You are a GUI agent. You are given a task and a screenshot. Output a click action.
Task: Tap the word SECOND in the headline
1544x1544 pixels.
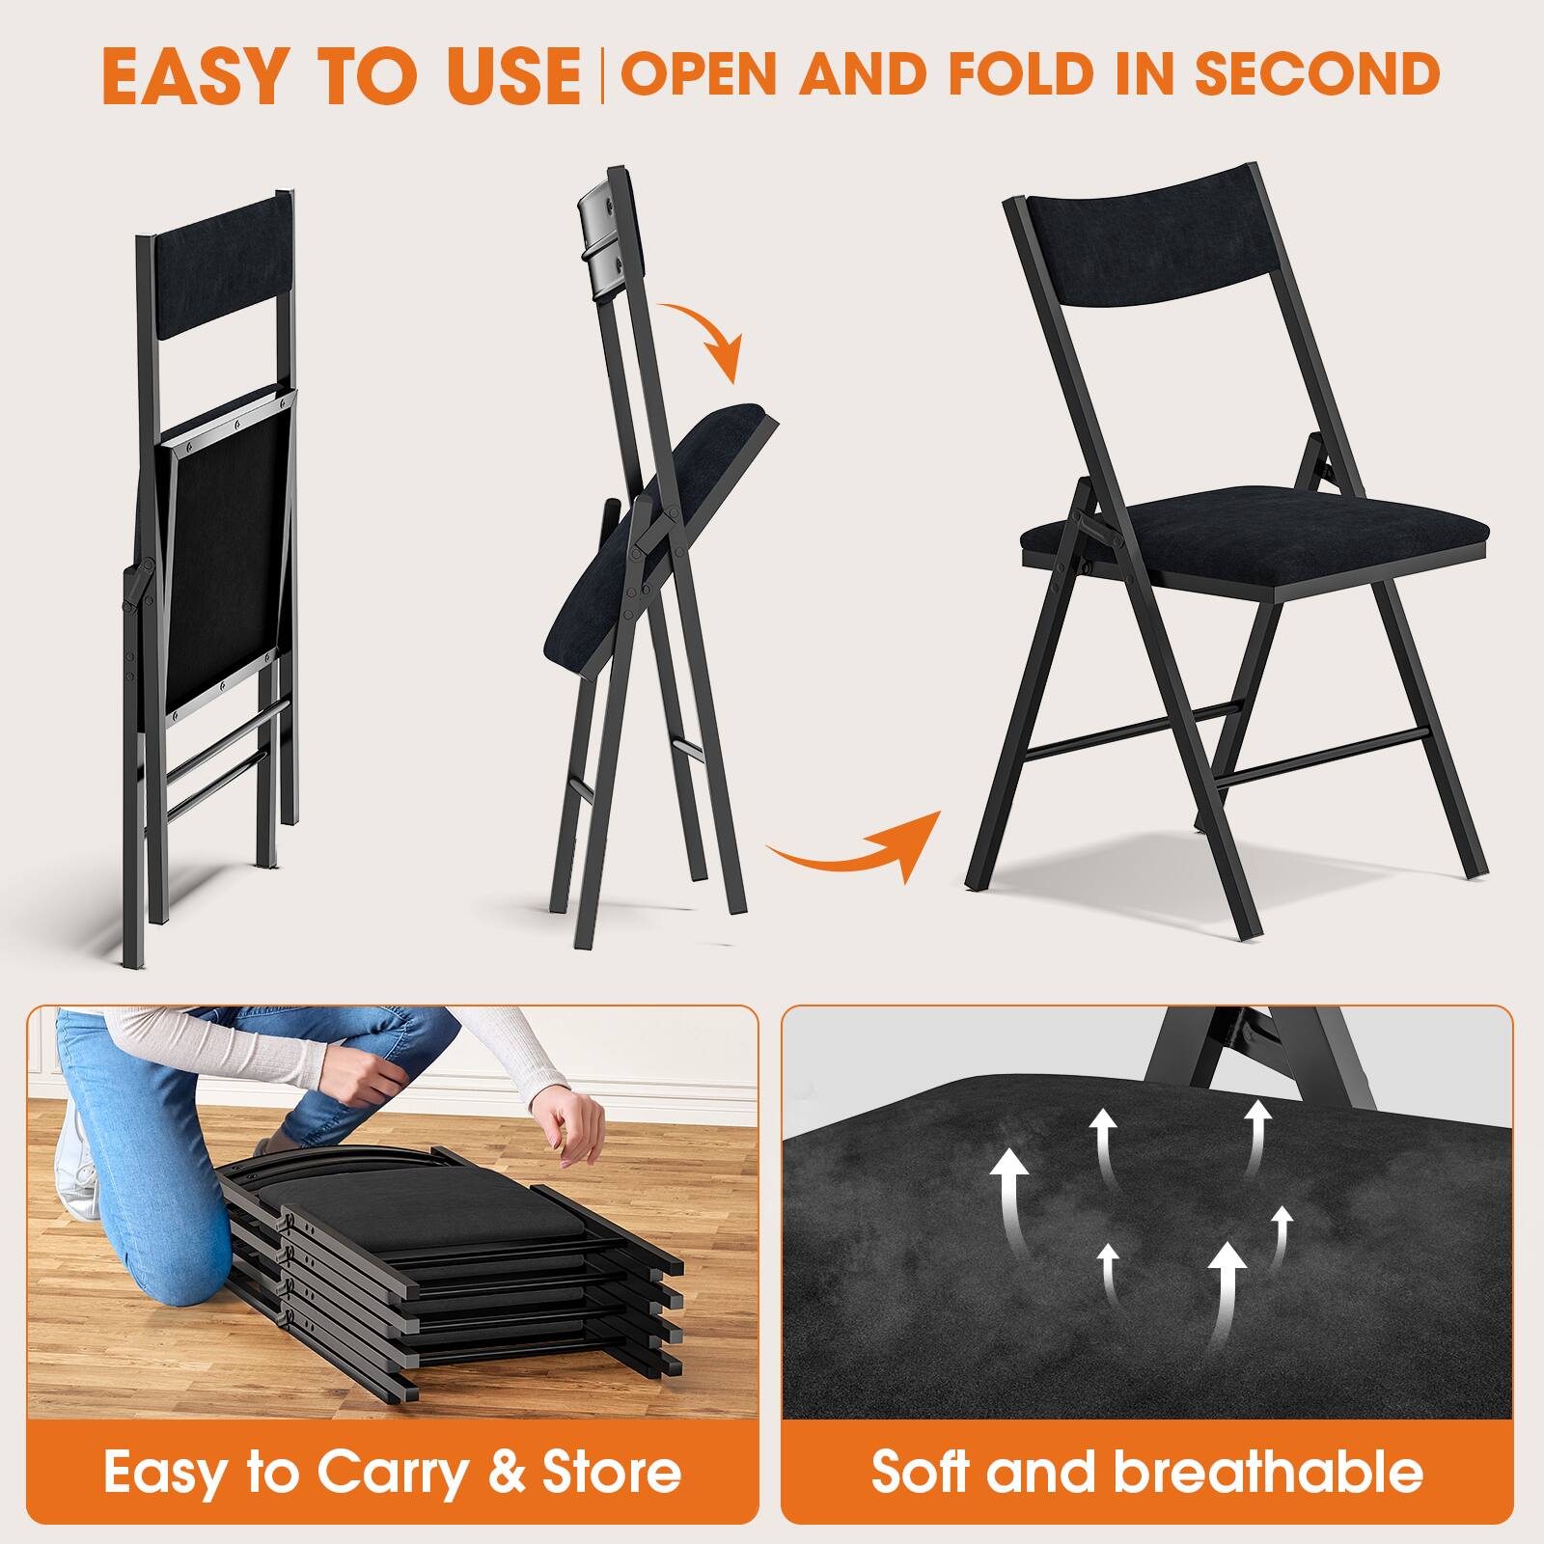1317,73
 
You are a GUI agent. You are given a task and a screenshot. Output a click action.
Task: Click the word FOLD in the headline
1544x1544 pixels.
1034,73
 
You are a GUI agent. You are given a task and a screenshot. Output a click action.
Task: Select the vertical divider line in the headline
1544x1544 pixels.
603,75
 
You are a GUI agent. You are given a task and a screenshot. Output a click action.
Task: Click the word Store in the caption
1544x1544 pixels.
612,1473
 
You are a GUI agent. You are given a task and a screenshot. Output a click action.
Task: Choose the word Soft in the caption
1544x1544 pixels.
922,1473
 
